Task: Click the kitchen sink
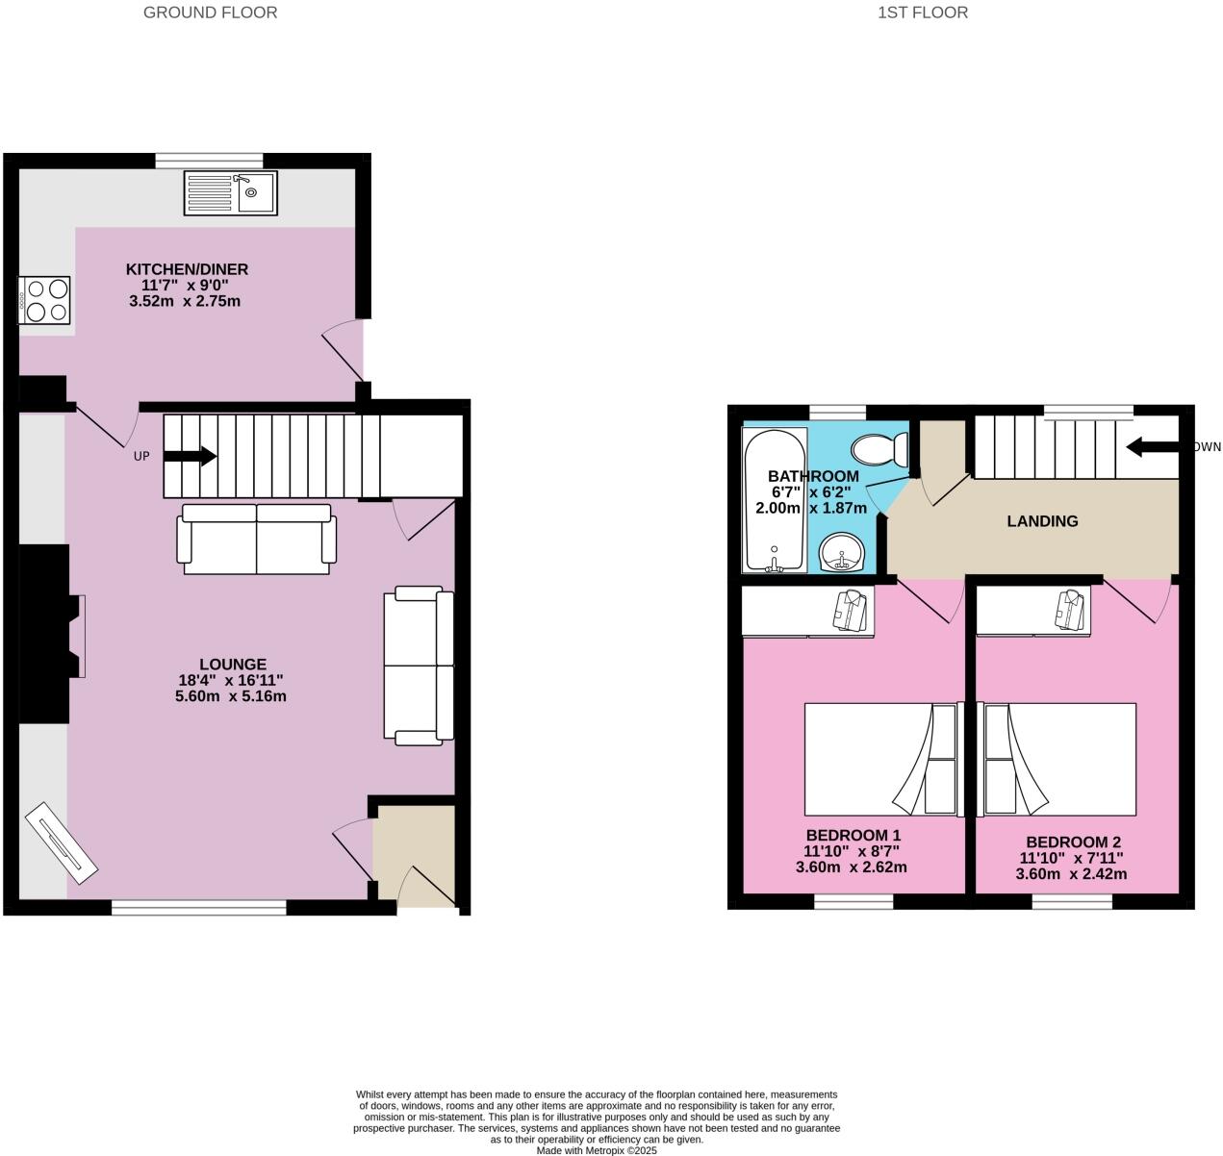tap(231, 192)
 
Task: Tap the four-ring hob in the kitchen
tap(45, 299)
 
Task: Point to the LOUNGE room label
tap(233, 664)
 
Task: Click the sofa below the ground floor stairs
tap(257, 539)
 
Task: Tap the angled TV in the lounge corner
tap(61, 842)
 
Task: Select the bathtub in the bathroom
tap(774, 500)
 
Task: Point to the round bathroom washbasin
tap(846, 552)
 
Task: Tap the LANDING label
tap(1042, 521)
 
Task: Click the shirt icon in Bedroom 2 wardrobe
tap(1069, 608)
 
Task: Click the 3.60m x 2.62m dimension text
tap(851, 867)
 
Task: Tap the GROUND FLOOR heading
tap(210, 13)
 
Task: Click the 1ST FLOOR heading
tap(922, 13)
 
